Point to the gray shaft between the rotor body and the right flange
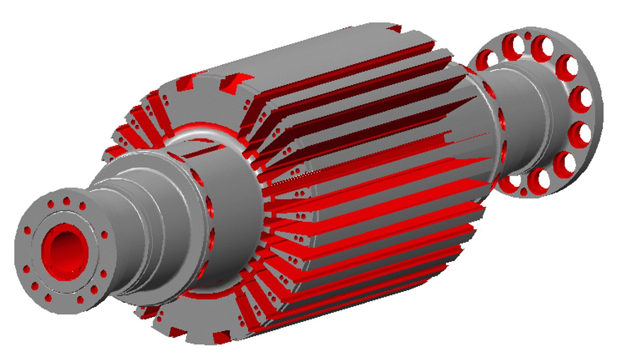coord(518,113)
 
